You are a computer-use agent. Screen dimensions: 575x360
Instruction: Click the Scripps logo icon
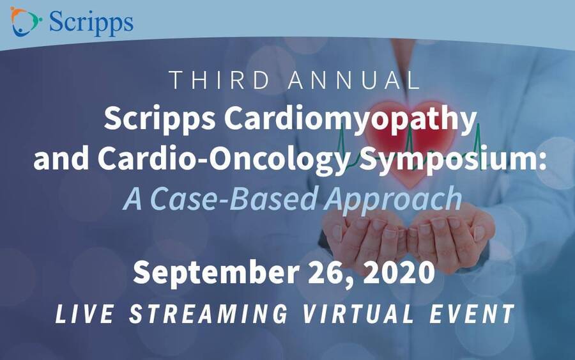(x=25, y=21)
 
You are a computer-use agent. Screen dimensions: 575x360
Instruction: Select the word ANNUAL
(x=353, y=81)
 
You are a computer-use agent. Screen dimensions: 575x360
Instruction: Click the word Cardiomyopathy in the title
(x=350, y=120)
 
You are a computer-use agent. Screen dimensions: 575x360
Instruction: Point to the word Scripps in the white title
(x=160, y=120)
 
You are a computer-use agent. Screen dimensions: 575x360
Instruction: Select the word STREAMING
(x=208, y=314)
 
